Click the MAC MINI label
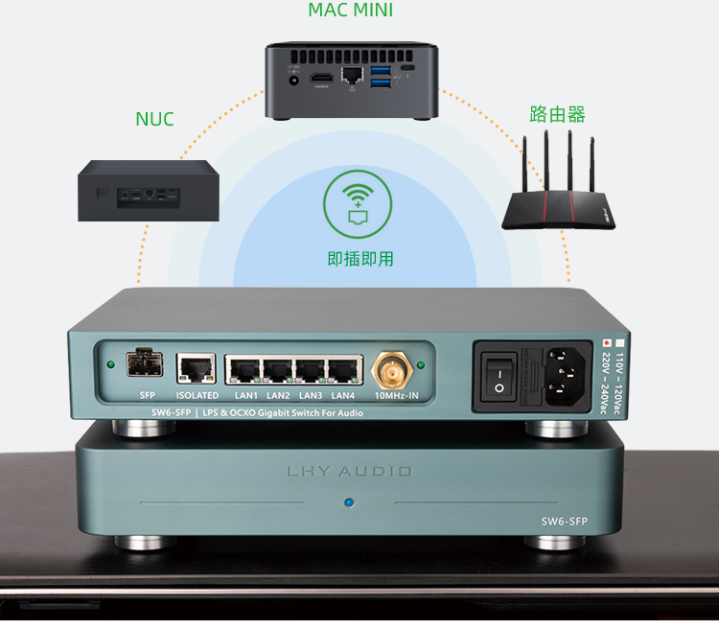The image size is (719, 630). point(351,11)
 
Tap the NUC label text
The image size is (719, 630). point(155,120)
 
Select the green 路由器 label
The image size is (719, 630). point(557,115)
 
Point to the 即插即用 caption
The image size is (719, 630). point(360,259)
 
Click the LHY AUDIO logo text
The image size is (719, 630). point(349,472)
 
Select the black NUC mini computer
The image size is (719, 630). point(147,191)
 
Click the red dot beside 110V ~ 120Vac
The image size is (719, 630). point(606,342)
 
